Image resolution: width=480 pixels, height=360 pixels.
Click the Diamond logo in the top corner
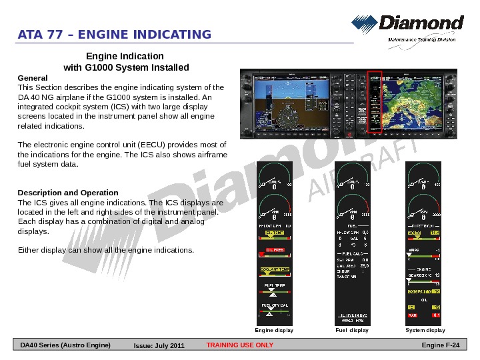[407, 27]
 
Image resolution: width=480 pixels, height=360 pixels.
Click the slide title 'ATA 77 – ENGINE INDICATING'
[115, 35]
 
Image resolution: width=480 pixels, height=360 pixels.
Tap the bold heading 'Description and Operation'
[68, 193]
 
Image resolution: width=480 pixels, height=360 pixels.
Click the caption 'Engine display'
[275, 330]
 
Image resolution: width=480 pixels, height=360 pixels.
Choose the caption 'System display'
[425, 330]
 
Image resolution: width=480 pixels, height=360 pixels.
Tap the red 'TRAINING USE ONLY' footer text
[240, 345]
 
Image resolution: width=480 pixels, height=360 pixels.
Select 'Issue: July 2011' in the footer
[159, 345]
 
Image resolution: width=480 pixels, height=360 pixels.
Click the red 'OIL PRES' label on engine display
[275, 250]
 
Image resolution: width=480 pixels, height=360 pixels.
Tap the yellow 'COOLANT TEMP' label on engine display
[275, 269]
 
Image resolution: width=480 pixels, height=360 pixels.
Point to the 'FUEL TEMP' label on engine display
[275, 285]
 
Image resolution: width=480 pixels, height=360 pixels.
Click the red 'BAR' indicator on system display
[413, 315]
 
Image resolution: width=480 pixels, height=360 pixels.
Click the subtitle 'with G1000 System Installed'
[126, 67]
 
